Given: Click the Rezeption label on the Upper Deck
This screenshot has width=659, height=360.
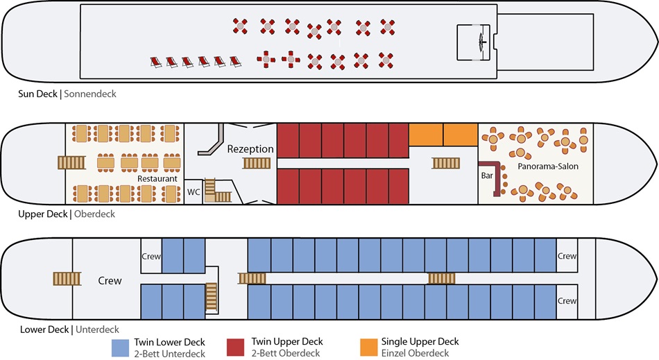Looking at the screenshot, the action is (x=250, y=149).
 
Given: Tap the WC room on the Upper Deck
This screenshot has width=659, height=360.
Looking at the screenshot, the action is (x=194, y=192).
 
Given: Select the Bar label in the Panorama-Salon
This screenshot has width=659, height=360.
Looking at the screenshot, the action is (x=487, y=175).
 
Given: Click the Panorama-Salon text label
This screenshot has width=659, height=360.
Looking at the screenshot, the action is (x=547, y=166).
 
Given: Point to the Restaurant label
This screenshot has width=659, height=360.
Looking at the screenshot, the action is (x=157, y=178).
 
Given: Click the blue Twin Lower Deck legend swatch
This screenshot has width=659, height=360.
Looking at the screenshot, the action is (x=120, y=348).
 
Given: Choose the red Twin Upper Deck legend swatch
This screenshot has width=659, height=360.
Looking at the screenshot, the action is (x=235, y=348).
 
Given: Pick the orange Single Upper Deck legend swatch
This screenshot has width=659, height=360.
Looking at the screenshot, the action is (x=369, y=348).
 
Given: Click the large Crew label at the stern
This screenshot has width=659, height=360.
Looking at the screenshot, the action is (x=110, y=281).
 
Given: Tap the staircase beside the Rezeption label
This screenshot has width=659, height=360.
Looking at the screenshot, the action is (x=257, y=163).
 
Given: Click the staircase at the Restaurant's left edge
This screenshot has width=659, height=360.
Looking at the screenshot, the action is (x=71, y=162).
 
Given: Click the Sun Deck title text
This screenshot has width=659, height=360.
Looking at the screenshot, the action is (x=37, y=94).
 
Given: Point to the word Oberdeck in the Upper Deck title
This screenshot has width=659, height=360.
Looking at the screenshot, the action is (x=94, y=214).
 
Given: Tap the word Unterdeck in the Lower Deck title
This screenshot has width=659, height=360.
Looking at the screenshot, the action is (x=97, y=329).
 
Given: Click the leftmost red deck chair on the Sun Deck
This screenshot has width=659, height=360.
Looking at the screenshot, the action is (x=156, y=62).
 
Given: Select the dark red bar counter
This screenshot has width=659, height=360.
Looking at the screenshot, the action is (x=493, y=178).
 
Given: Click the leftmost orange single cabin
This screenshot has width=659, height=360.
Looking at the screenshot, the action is (x=426, y=135).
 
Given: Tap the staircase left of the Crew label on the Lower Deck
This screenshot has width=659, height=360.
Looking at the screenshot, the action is (x=67, y=279).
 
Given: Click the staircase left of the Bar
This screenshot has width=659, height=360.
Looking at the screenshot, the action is (x=446, y=163).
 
